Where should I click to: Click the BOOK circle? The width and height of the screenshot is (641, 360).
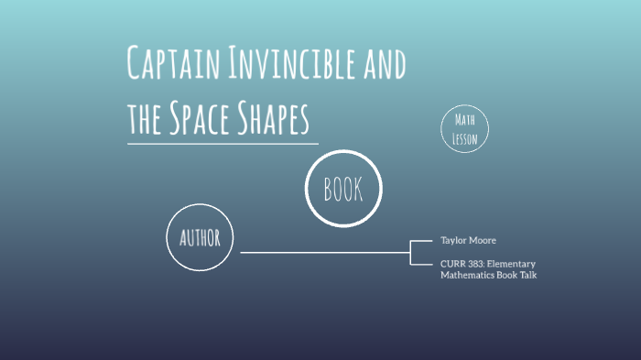pyautogui.click(x=342, y=189)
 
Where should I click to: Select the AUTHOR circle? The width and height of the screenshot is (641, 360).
pyautogui.click(x=201, y=238)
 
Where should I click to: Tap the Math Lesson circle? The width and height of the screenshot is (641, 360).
pyautogui.click(x=465, y=130)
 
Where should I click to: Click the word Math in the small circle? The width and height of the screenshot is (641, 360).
pyautogui.click(x=465, y=122)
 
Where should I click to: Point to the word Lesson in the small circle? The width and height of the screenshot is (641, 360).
pyautogui.click(x=465, y=139)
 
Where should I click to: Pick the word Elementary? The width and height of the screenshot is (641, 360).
pyautogui.click(x=514, y=264)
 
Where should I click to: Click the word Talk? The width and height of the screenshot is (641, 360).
pyautogui.click(x=527, y=275)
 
